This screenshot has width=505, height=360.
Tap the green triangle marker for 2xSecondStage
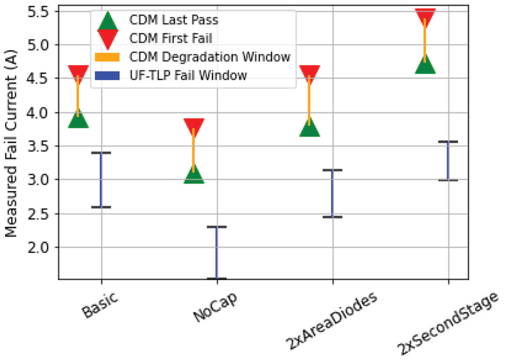coord(425,64)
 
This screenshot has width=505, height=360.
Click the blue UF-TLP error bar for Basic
coord(101,180)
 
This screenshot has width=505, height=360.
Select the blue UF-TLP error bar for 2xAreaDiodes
coord(332,193)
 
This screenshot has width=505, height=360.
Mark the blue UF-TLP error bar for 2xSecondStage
coord(448,161)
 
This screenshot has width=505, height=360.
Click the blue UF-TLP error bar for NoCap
coord(217,252)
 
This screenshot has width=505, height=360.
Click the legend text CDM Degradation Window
coord(210,57)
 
